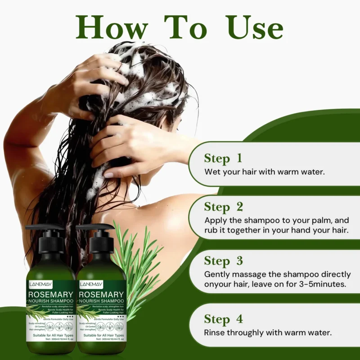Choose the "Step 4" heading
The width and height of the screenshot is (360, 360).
click(x=224, y=319)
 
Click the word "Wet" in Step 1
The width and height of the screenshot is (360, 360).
click(x=212, y=171)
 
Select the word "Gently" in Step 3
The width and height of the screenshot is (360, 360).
click(x=217, y=274)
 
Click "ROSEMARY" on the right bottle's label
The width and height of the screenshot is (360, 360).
click(x=102, y=295)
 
